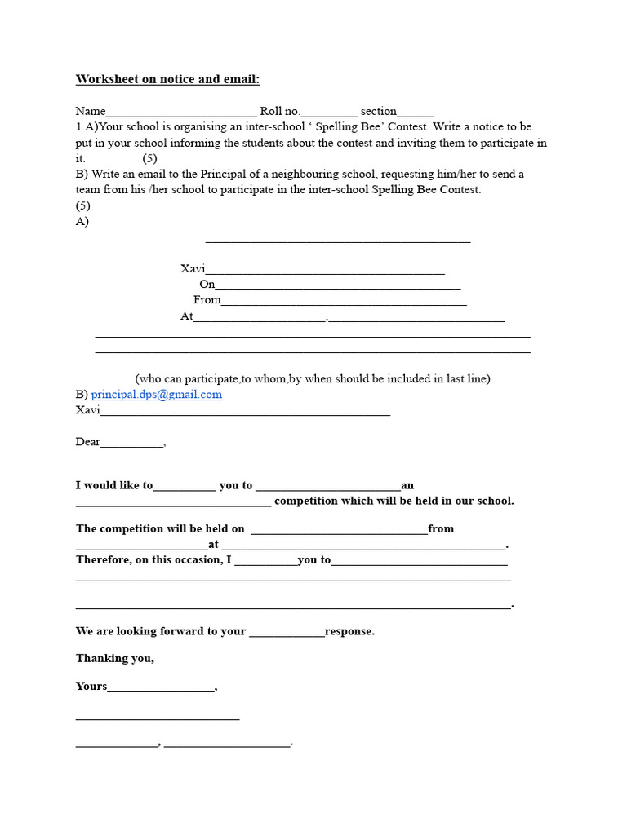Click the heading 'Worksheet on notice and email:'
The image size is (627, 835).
167,79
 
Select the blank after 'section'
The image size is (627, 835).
416,113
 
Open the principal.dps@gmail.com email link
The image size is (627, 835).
156,395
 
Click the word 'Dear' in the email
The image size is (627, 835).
88,442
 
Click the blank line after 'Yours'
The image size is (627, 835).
161,687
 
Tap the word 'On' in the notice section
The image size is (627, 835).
207,285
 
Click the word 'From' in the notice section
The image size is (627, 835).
207,300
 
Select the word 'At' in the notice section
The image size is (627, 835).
187,316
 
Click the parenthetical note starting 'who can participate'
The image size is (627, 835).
313,379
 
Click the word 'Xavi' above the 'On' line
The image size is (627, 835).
193,269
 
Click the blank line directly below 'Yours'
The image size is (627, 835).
158,718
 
